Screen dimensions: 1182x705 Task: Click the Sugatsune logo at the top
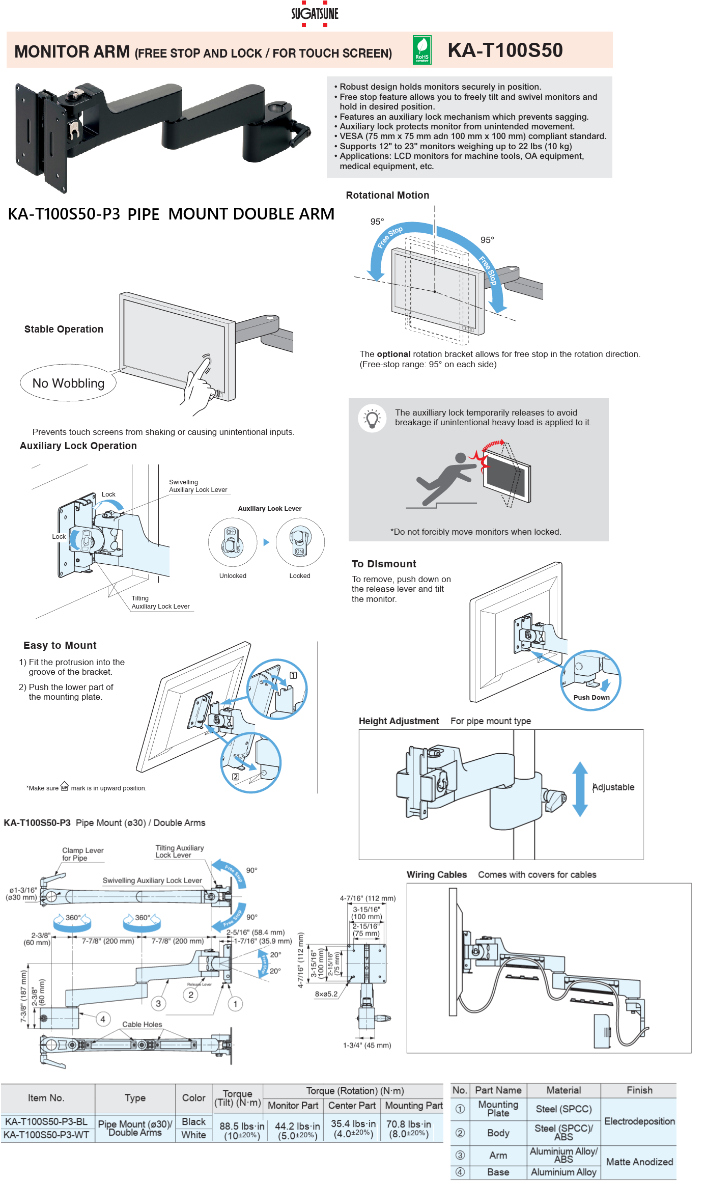pos(315,14)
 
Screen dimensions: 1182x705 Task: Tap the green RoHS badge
pos(422,50)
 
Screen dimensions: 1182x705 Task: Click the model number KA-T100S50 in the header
pos(505,50)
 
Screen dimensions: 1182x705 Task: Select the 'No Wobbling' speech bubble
pos(68,383)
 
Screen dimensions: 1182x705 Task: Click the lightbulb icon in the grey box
pos(372,418)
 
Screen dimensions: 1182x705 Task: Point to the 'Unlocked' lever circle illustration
pos(233,542)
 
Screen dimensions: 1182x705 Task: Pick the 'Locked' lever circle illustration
pos(300,542)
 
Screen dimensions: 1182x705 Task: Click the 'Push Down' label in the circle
pos(591,697)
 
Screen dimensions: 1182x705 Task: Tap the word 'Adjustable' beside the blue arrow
pos(613,787)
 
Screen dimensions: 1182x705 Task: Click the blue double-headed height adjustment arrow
pos(580,789)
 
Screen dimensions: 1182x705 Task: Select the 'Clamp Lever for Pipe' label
pos(82,854)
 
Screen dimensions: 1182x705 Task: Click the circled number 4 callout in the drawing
pos(103,1019)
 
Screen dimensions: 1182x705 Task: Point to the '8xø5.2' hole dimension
pos(326,994)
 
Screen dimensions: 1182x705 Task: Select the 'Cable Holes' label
pos(142,1024)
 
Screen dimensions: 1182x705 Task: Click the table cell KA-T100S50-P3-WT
pos(46,1135)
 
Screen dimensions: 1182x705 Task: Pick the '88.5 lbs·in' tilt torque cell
pos(242,1130)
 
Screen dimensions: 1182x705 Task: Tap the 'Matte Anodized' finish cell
pos(639,1162)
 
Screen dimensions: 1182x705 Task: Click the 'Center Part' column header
pos(352,1105)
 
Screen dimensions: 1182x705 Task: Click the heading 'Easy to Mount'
pos(60,645)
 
